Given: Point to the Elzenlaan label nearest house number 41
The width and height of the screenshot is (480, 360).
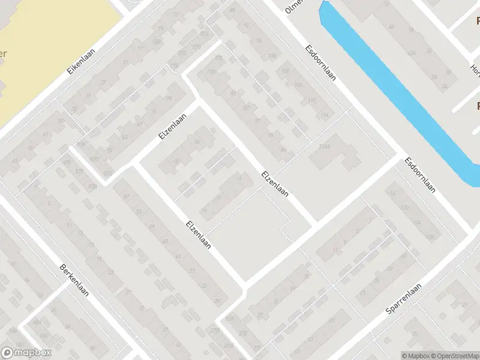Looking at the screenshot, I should point(199,236).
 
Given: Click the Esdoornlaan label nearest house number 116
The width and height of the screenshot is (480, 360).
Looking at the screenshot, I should point(420,174).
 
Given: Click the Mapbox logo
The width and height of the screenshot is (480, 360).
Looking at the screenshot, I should point(26,353).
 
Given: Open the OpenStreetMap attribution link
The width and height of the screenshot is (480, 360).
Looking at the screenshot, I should point(453,355).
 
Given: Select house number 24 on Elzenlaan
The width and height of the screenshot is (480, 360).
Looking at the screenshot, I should point(197,142).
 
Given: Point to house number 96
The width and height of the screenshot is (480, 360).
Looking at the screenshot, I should point(259,40).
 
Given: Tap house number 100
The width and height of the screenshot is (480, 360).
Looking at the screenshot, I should point(272,56).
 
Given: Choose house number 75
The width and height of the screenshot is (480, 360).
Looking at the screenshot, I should point(169,98).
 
